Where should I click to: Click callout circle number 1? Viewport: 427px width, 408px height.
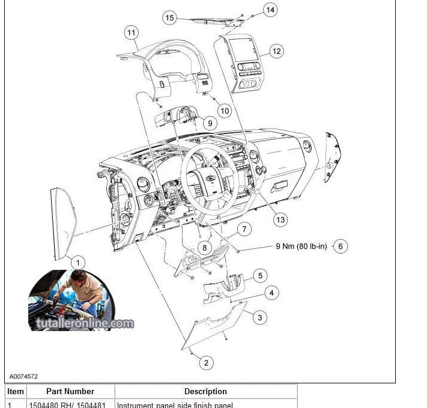[77, 262]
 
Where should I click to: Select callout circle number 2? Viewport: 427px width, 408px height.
[206, 362]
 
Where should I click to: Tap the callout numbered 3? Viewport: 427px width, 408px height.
[259, 317]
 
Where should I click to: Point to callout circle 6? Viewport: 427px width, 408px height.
[341, 246]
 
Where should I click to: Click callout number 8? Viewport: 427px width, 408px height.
[204, 248]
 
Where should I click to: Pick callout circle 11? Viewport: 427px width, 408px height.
[132, 32]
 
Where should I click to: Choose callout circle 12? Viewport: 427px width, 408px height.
[276, 51]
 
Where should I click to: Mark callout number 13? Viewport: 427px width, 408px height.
[280, 219]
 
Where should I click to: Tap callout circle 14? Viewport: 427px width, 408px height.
[270, 10]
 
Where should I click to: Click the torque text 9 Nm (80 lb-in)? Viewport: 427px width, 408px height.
[301, 246]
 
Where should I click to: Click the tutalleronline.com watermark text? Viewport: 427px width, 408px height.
[80, 323]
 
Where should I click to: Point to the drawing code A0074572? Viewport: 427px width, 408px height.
[23, 377]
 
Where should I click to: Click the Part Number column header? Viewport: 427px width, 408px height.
[70, 391]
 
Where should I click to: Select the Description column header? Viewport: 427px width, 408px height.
[205, 391]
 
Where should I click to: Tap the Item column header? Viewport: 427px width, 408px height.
[16, 391]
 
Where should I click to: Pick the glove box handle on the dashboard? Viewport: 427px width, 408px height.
[279, 186]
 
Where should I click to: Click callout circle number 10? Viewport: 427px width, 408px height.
[225, 111]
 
